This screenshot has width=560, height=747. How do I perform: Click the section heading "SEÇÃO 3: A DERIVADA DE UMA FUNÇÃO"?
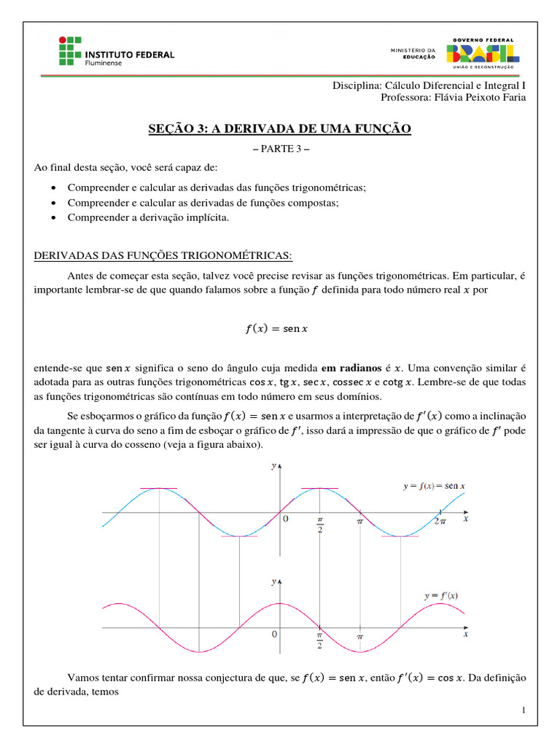[x=280, y=129]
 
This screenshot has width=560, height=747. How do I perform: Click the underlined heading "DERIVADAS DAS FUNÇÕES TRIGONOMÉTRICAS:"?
[x=163, y=255]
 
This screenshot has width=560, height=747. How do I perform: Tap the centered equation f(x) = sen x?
[x=277, y=329]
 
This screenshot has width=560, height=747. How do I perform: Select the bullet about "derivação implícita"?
[x=148, y=217]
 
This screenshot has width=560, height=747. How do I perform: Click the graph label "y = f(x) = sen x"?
[x=434, y=485]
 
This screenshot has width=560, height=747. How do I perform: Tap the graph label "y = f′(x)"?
[x=440, y=595]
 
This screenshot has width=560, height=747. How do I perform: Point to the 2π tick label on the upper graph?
[x=440, y=521]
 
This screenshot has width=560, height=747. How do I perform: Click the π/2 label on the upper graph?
[x=319, y=525]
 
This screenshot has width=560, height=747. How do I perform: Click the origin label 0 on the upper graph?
[x=285, y=519]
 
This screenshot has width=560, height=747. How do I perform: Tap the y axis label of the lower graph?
[x=273, y=581]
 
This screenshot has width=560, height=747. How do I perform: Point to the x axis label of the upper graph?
[x=465, y=518]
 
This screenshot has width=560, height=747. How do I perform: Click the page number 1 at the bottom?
[x=524, y=710]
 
